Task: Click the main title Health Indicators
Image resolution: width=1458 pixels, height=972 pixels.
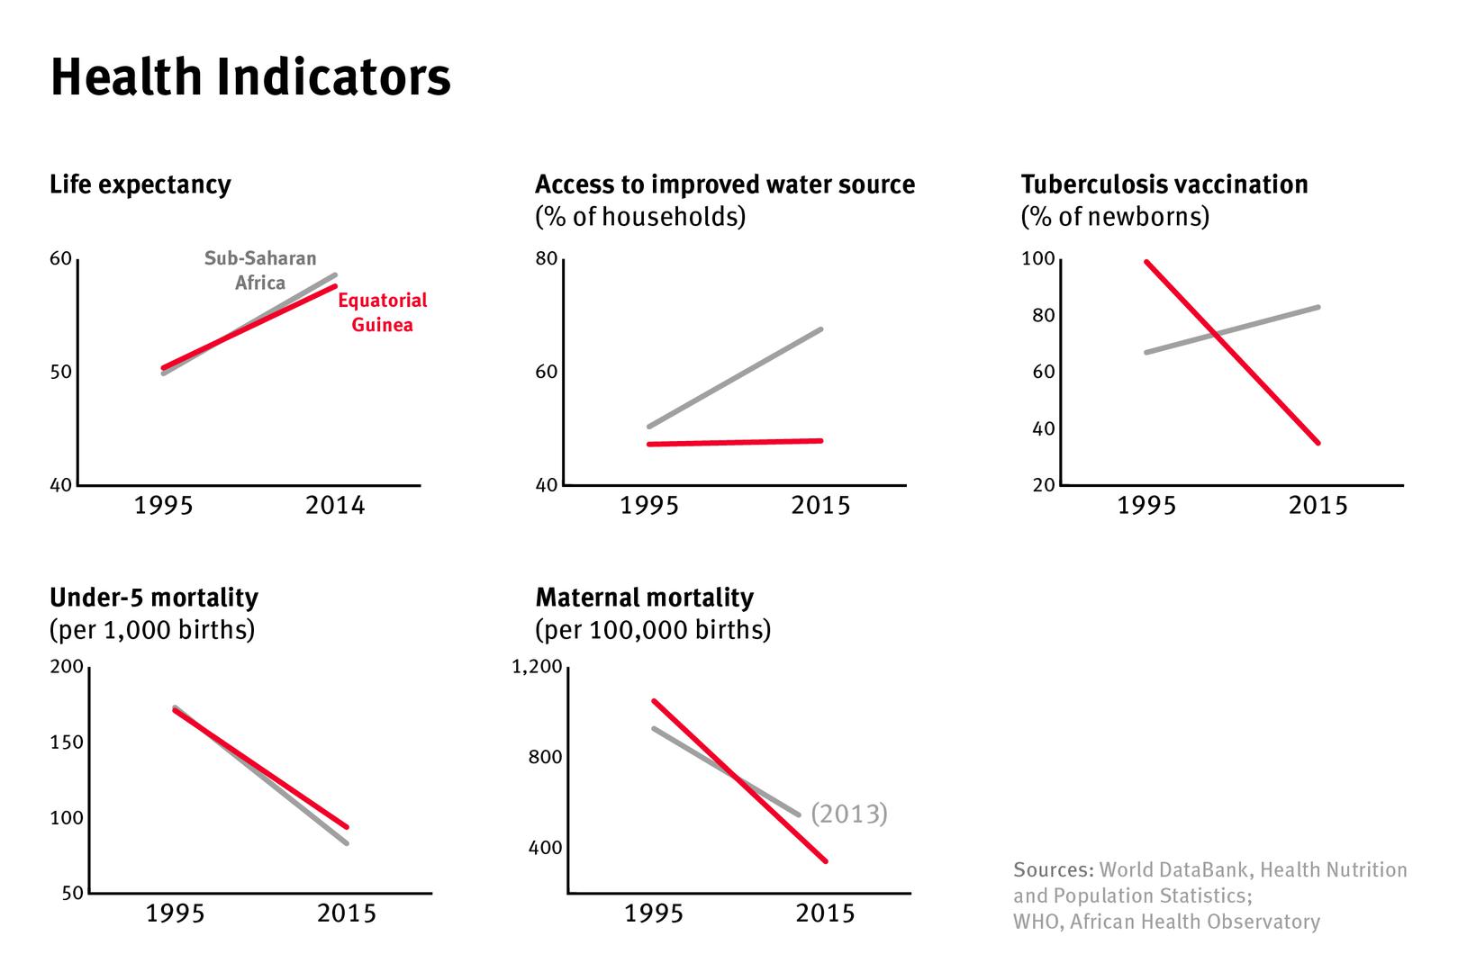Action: [250, 77]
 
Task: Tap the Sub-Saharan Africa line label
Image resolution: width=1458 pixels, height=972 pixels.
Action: [260, 270]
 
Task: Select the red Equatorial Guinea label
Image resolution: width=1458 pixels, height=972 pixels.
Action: [382, 312]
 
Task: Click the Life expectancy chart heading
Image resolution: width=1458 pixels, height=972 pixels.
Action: [140, 184]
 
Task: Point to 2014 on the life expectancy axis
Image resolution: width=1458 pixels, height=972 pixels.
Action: [335, 506]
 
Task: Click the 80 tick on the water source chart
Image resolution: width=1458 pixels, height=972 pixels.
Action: [546, 259]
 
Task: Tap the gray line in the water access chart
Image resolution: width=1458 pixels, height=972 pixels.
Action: [734, 378]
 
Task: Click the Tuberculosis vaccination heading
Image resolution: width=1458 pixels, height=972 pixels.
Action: [1164, 184]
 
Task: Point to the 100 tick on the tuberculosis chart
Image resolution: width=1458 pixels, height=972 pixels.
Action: [1037, 259]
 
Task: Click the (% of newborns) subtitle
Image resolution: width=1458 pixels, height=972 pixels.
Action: [1114, 217]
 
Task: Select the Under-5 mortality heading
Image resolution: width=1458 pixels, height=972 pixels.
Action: [154, 598]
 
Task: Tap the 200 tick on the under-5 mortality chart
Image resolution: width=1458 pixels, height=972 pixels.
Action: [67, 667]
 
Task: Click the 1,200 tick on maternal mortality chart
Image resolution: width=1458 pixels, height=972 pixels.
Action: [537, 667]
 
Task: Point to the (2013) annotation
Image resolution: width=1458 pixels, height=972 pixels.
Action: [848, 814]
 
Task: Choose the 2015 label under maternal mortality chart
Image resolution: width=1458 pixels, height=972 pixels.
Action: [825, 913]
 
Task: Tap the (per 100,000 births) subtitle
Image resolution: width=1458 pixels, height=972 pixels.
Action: [653, 630]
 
